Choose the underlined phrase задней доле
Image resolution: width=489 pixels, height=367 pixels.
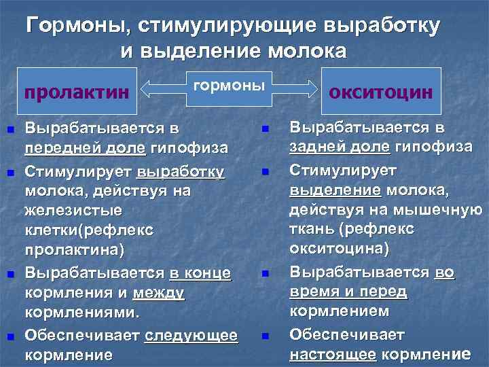[x=340, y=147]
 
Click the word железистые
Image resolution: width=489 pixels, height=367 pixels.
[x=74, y=211]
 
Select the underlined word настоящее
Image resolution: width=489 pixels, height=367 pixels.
[x=333, y=354]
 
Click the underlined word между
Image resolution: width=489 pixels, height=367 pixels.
[x=159, y=294]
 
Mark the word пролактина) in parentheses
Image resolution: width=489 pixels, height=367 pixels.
[x=74, y=250]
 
